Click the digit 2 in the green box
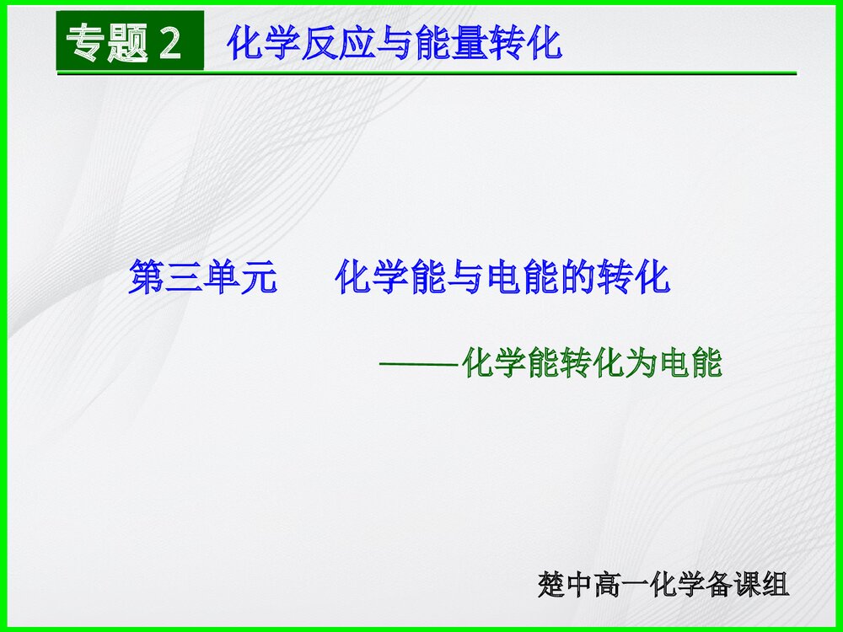click(x=169, y=42)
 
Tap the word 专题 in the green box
click(x=107, y=42)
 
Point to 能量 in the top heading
click(x=456, y=43)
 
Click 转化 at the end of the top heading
click(x=528, y=43)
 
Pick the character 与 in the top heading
click(x=391, y=43)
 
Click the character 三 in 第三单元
click(x=184, y=277)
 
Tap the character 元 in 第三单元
click(x=258, y=277)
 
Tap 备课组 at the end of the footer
click(x=748, y=585)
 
